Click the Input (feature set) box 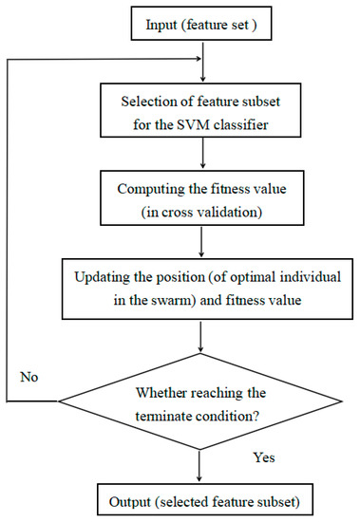pos(199,23)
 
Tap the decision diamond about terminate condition pos(200,402)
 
